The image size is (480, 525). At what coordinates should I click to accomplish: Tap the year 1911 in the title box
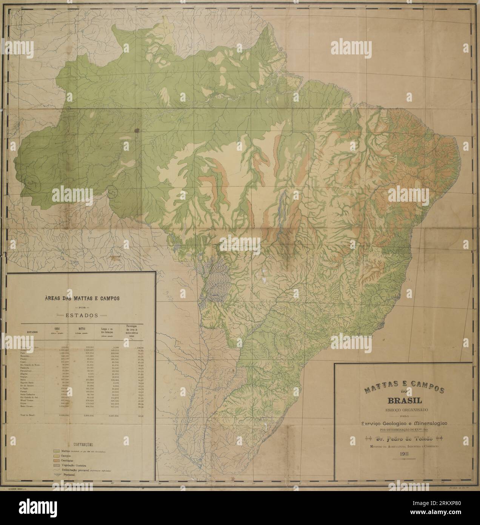(x=403, y=456)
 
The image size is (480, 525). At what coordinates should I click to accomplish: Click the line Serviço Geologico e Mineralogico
(x=403, y=423)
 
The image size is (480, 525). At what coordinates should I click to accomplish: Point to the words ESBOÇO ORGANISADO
(x=403, y=409)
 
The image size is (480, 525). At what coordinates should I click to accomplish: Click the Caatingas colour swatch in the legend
(x=56, y=462)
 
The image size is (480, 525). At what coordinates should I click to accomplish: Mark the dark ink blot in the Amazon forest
(x=136, y=130)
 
